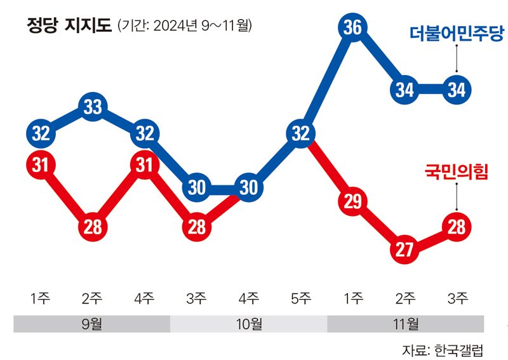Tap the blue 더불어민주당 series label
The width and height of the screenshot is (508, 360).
(x=456, y=34)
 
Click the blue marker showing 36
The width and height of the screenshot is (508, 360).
(x=352, y=27)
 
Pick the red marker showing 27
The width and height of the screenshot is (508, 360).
(x=404, y=249)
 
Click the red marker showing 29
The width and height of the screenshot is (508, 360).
(x=352, y=201)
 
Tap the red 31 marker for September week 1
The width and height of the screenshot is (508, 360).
(x=41, y=164)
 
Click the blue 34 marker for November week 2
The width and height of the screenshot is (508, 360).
(x=404, y=90)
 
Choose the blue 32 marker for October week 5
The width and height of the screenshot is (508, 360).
(x=300, y=133)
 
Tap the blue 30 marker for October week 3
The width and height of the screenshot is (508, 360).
(x=197, y=187)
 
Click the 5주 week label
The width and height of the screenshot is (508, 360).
(x=300, y=298)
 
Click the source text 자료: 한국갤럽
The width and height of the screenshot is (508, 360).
(x=442, y=350)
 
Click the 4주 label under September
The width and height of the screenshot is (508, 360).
(x=145, y=298)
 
